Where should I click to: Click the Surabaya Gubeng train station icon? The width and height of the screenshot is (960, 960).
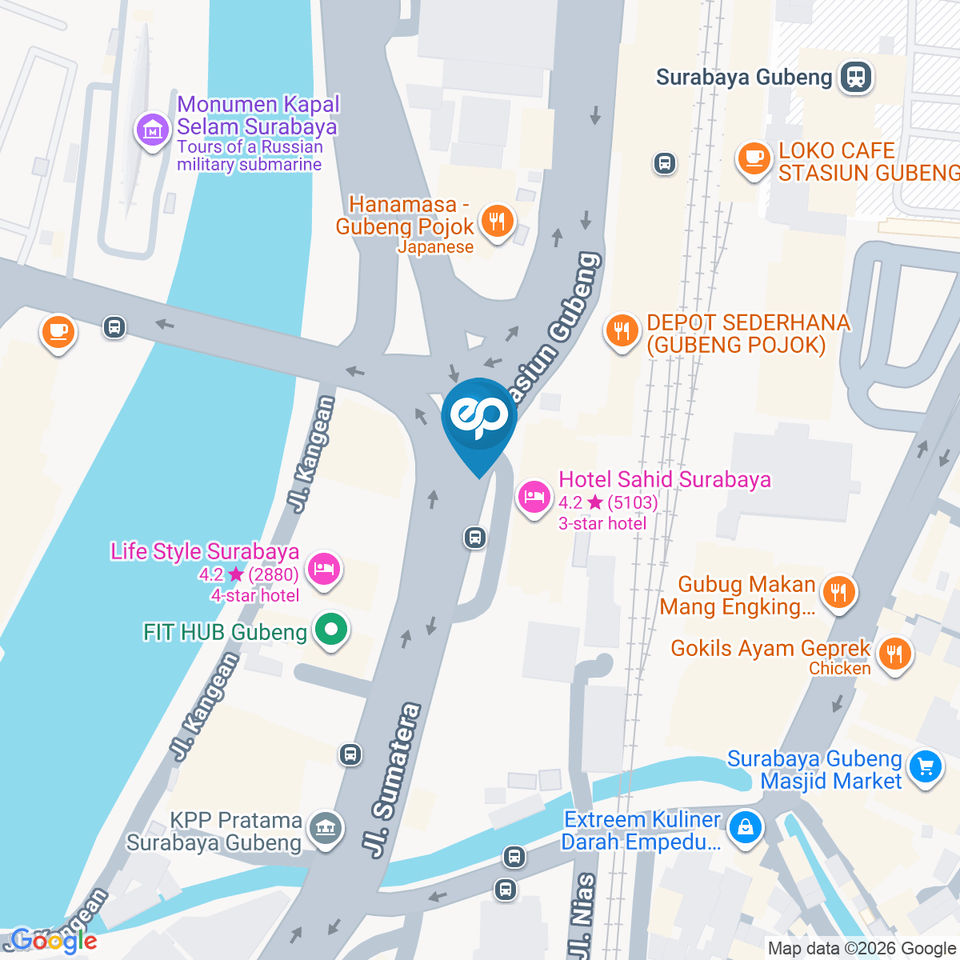856,76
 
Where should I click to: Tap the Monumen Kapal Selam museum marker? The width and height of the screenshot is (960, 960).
153,128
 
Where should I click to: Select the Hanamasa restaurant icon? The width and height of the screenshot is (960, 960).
496,221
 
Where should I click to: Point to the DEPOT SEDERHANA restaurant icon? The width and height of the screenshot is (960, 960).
622,331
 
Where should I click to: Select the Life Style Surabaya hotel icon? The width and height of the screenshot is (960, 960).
326,569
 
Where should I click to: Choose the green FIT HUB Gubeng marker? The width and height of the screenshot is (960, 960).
329,631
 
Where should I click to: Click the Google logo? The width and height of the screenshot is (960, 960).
53,940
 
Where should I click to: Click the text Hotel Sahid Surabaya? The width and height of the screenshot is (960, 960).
665,480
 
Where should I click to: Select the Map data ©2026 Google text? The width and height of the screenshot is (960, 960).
862,948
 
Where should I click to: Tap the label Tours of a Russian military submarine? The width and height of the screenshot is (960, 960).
250,156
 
